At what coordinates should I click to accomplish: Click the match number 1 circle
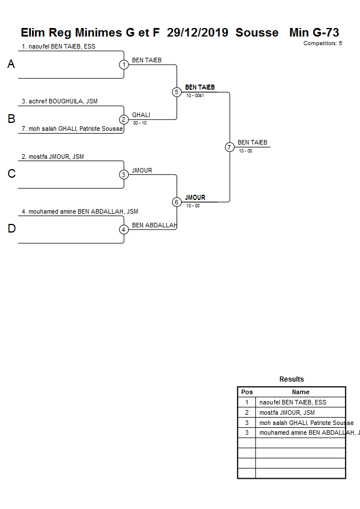pyautogui.click(x=124, y=65)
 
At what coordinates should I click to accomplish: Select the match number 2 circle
pyautogui.click(x=124, y=119)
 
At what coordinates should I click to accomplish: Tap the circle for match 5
pyautogui.click(x=177, y=92)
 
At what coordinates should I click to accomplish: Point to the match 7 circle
pyautogui.click(x=229, y=147)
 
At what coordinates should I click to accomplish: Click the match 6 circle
pyautogui.click(x=177, y=202)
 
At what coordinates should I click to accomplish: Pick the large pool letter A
pyautogui.click(x=11, y=65)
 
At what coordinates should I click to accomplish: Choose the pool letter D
pyautogui.click(x=11, y=229)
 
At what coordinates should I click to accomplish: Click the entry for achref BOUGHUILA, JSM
pyautogui.click(x=59, y=102)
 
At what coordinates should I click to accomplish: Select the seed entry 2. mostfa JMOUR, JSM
pyautogui.click(x=53, y=157)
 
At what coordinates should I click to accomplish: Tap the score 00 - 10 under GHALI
pyautogui.click(x=139, y=123)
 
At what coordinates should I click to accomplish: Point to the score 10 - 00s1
pyautogui.click(x=195, y=95)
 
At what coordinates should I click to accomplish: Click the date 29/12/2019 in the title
pyautogui.click(x=198, y=33)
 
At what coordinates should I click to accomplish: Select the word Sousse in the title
pyautogui.click(x=257, y=33)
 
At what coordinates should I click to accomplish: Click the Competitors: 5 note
pyautogui.click(x=322, y=43)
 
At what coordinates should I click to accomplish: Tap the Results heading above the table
pyautogui.click(x=291, y=379)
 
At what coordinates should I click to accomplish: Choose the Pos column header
pyautogui.click(x=247, y=392)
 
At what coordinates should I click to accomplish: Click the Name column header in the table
pyautogui.click(x=301, y=392)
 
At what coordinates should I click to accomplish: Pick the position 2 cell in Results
pyautogui.click(x=247, y=412)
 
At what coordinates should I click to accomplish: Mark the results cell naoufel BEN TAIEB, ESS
pyautogui.click(x=293, y=402)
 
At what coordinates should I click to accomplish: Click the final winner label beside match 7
pyautogui.click(x=253, y=143)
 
